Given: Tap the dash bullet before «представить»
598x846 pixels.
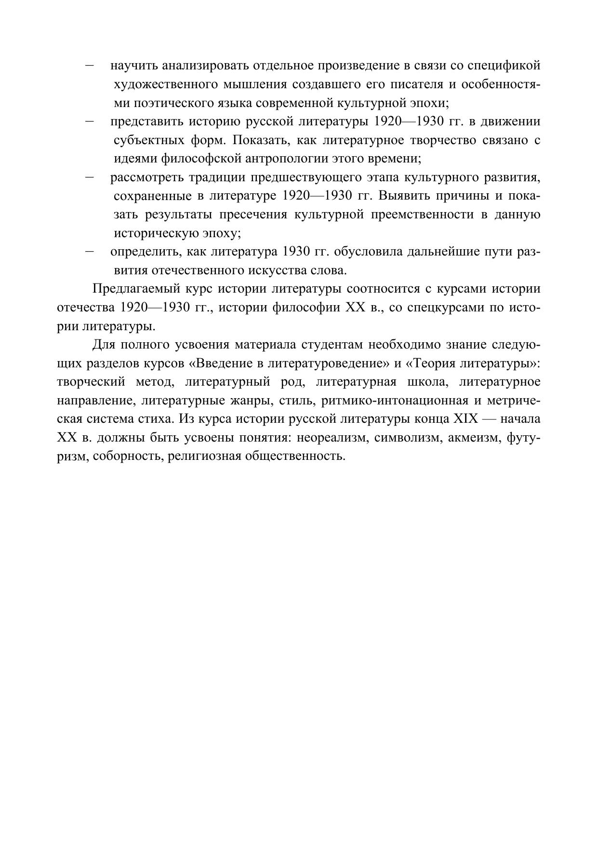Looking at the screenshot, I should click(x=89, y=121).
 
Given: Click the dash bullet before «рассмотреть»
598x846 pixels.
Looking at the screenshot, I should click(x=89, y=177).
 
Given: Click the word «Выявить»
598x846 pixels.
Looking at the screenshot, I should click(x=407, y=196).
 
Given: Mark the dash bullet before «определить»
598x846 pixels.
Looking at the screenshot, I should click(x=89, y=251).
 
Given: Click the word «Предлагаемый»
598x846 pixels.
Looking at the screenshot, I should click(x=135, y=289).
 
